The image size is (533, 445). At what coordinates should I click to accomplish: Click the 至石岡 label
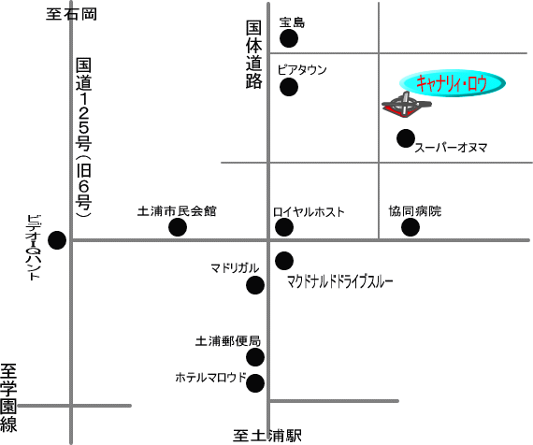point(71,15)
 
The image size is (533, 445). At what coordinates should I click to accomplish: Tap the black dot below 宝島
point(289,38)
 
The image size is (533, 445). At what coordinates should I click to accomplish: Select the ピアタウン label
point(302,70)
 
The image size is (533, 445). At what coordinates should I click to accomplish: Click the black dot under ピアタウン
point(289,87)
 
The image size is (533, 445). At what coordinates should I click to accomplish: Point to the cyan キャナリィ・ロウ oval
point(452,83)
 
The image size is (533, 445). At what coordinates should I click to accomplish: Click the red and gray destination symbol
point(407,105)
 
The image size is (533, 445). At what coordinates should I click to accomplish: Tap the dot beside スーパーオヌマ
point(406,138)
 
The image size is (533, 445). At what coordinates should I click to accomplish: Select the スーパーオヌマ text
point(451,148)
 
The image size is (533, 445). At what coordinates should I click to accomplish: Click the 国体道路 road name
point(254,55)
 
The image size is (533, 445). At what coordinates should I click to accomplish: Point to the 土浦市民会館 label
point(177,211)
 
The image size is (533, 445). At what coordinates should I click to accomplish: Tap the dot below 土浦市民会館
point(178,227)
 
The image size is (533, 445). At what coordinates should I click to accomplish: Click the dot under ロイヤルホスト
point(284,227)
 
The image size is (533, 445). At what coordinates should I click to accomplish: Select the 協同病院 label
point(415,211)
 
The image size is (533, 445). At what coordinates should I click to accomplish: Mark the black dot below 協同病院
point(411,227)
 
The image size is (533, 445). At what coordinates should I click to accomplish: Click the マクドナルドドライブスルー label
point(340,281)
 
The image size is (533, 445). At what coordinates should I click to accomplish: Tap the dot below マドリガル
point(255,285)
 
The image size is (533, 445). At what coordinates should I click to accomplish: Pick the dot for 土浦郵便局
point(255,357)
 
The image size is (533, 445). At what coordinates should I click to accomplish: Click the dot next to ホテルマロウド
point(255,383)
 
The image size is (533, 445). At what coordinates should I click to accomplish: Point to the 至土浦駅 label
point(267,436)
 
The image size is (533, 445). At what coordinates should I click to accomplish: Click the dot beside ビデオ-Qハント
point(57,240)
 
